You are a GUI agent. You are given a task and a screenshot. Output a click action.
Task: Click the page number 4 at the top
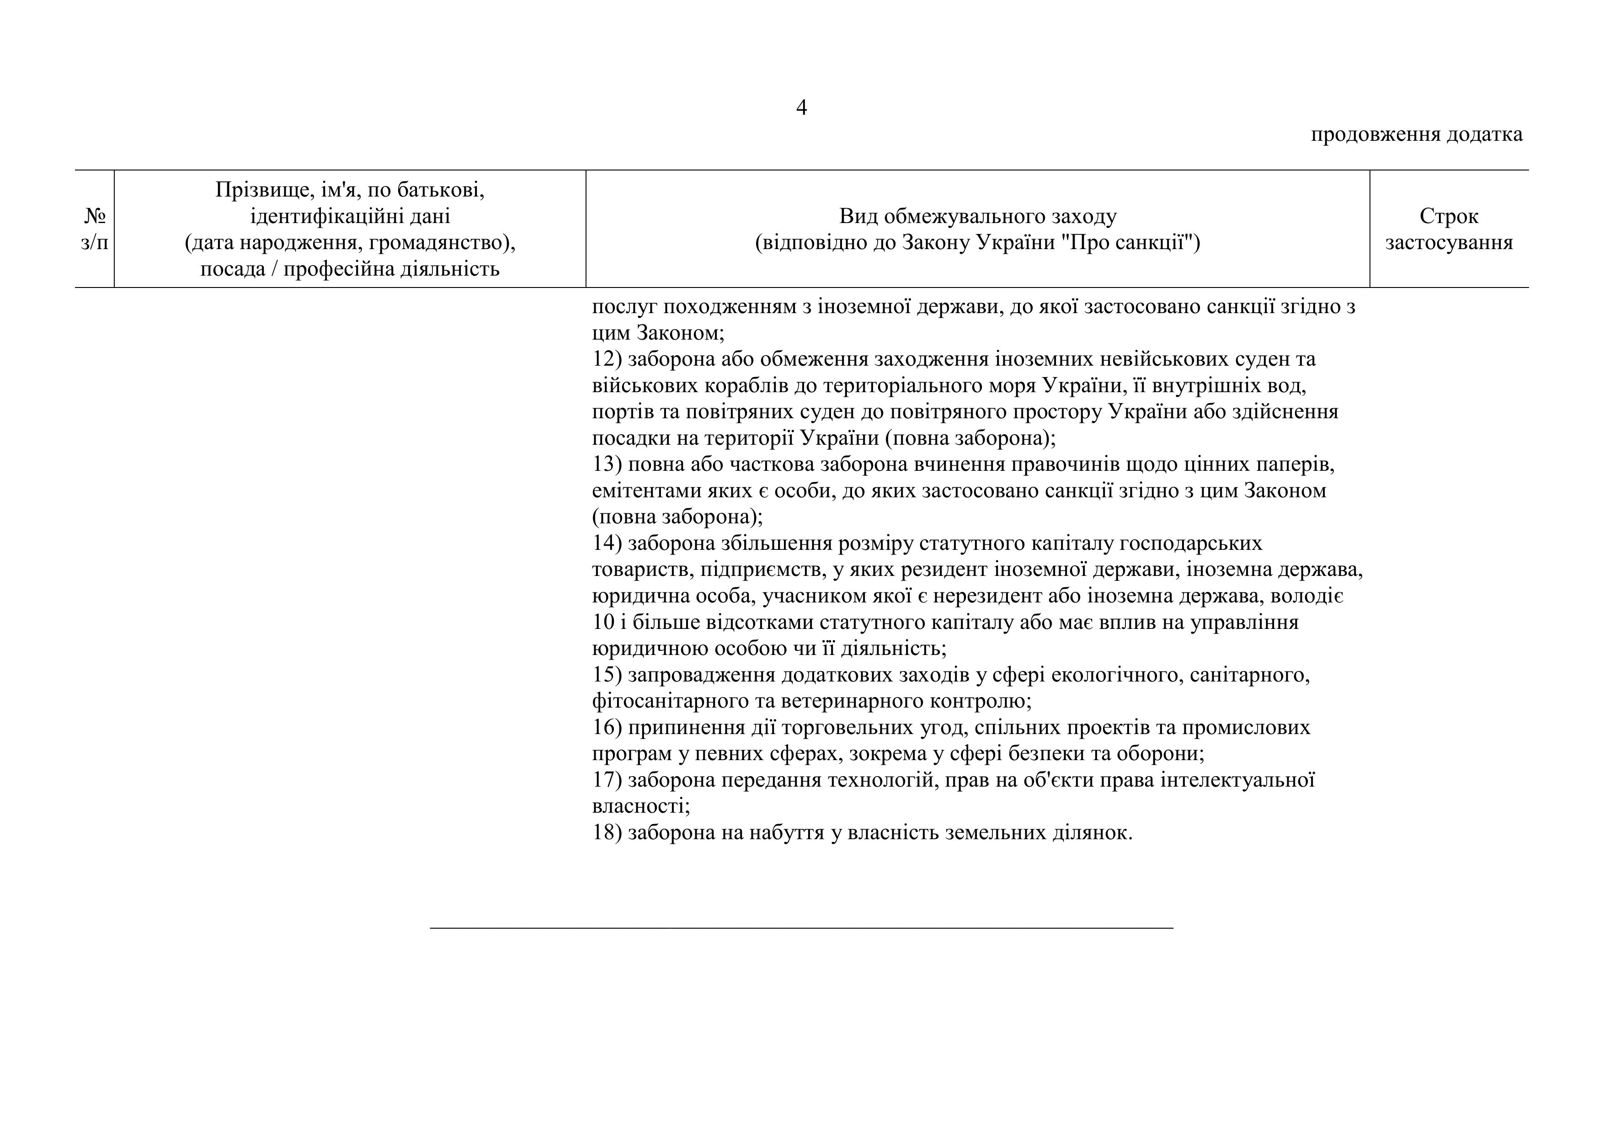tap(801, 107)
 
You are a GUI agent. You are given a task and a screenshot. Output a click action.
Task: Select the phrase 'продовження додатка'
tap(1416, 134)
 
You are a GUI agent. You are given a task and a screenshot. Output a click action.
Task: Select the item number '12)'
tap(607, 359)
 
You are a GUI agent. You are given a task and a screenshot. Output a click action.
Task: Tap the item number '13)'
tap(607, 465)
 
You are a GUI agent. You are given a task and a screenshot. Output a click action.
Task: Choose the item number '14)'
tap(607, 543)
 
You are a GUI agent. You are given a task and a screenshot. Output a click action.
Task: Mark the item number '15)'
tap(607, 675)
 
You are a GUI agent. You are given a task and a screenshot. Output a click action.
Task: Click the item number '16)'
tap(607, 727)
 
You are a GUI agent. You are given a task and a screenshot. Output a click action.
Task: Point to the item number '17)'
tap(607, 780)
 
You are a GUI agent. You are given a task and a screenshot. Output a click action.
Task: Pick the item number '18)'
tap(607, 833)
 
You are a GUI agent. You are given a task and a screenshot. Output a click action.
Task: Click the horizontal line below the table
tap(801, 928)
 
